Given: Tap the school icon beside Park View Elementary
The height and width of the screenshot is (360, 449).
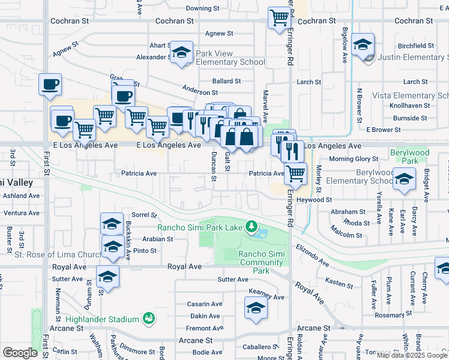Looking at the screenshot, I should (x=181, y=52).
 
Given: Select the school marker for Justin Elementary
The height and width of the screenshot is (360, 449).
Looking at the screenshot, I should (x=363, y=45).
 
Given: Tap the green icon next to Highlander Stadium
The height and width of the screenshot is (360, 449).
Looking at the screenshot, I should (x=148, y=319).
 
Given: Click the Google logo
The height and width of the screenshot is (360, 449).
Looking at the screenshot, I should (x=20, y=353).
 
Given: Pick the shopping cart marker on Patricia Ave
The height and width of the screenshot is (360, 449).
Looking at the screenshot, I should (x=295, y=174).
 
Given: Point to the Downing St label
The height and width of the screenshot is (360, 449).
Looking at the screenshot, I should (x=200, y=8).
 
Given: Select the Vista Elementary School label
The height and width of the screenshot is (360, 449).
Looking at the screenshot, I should (x=410, y=95).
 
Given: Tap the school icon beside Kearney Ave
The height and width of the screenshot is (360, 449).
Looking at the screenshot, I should (x=256, y=309).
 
